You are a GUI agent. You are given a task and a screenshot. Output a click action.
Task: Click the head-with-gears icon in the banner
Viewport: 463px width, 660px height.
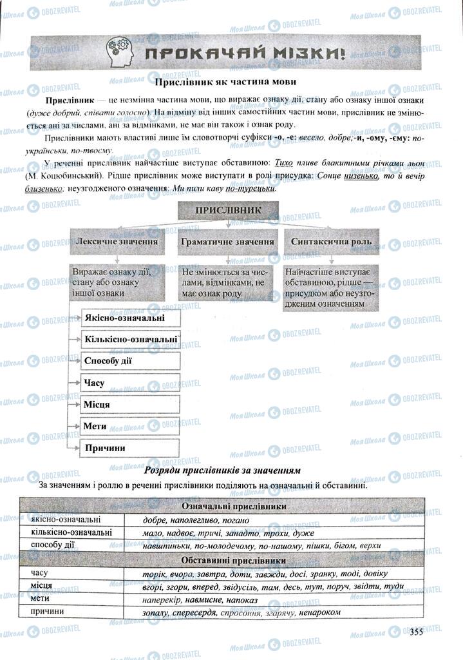point(120,52)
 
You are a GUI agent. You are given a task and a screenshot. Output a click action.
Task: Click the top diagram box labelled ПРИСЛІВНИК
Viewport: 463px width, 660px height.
point(227,210)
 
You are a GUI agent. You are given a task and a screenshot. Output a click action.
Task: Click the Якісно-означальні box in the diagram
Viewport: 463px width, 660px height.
point(129,318)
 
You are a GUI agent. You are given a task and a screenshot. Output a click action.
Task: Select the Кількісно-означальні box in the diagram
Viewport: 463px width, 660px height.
point(129,339)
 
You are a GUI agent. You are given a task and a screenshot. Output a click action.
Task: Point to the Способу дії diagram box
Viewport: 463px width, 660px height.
point(129,361)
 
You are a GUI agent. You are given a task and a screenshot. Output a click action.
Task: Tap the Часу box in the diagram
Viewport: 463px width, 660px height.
point(129,383)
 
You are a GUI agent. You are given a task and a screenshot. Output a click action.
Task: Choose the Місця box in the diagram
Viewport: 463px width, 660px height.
point(129,404)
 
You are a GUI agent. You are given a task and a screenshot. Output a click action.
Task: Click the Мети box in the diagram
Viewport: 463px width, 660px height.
point(129,426)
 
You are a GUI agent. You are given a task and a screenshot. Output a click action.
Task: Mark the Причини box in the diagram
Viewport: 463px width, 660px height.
point(129,447)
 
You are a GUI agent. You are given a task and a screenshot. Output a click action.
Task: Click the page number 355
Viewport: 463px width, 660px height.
point(415,632)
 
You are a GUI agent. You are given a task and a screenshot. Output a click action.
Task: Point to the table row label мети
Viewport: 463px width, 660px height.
point(41,598)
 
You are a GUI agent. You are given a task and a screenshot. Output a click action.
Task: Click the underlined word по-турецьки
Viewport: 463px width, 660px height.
point(250,189)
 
